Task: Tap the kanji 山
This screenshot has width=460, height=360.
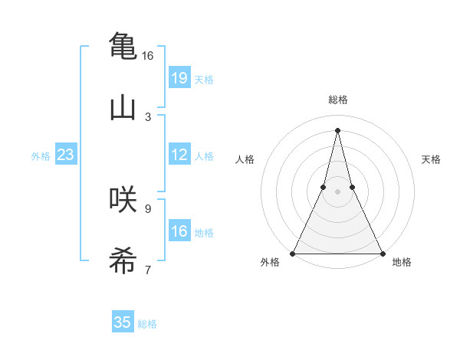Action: (x=123, y=106)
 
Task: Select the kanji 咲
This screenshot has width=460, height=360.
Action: (x=123, y=199)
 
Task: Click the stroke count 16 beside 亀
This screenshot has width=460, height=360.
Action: (x=147, y=56)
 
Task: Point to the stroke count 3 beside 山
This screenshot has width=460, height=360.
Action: (x=148, y=117)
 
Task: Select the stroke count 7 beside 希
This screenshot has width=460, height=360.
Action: (x=148, y=270)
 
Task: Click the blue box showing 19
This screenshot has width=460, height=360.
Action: (x=179, y=77)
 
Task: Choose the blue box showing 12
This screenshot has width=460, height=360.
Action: (x=179, y=155)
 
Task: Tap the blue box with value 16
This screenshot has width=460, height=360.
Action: (x=179, y=231)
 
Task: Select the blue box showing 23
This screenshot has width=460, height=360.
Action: (x=65, y=155)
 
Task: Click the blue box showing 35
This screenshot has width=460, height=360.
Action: (x=123, y=322)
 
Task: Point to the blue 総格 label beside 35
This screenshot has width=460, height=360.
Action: (x=147, y=324)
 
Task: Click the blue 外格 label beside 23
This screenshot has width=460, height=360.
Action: (x=41, y=156)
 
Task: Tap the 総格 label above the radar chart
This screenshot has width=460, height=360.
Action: (x=338, y=100)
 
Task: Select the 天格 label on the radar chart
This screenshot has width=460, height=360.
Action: (x=432, y=159)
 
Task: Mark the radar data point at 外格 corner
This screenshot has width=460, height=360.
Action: (x=294, y=253)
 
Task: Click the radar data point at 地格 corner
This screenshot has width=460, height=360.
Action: (x=382, y=253)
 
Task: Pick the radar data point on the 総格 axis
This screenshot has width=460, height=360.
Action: (x=338, y=129)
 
